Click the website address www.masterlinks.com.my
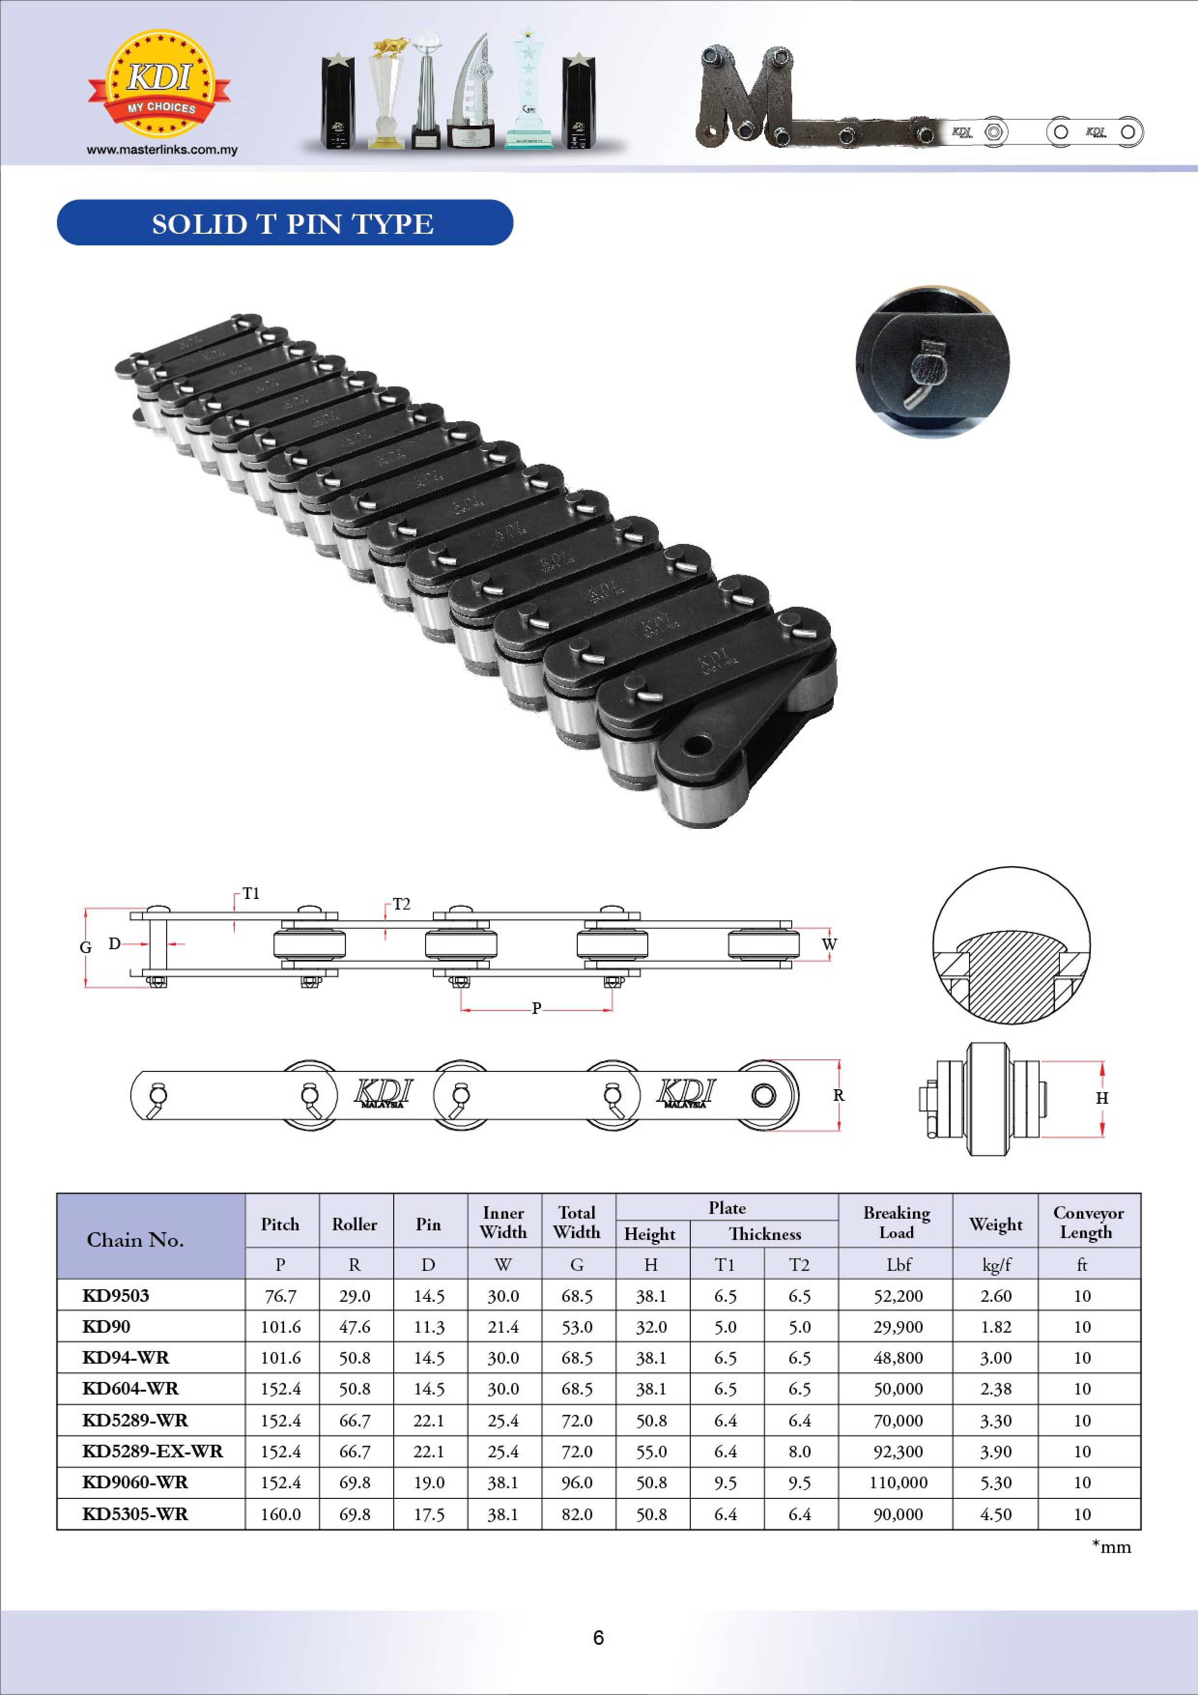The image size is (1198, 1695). coord(162,150)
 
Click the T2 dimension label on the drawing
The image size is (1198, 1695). coord(401,904)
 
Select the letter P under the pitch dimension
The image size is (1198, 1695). coord(537,1009)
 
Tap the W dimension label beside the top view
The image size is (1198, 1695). coord(830,944)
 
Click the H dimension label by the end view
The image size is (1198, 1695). coord(1102,1098)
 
